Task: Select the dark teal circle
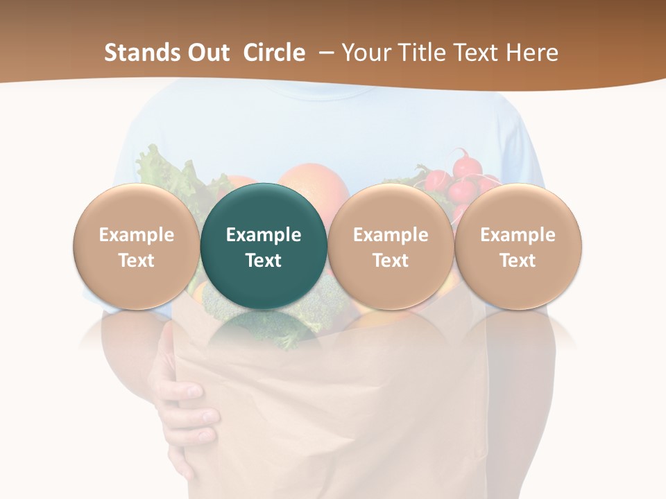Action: point(264,247)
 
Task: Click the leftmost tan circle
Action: point(136,247)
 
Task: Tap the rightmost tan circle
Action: point(518,247)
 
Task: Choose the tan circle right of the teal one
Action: point(391,247)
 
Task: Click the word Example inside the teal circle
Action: point(264,235)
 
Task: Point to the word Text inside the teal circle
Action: point(264,261)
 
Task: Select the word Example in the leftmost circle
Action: point(136,235)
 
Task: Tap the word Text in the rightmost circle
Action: point(518,261)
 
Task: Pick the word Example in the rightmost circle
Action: point(518,235)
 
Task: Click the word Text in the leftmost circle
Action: point(136,261)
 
